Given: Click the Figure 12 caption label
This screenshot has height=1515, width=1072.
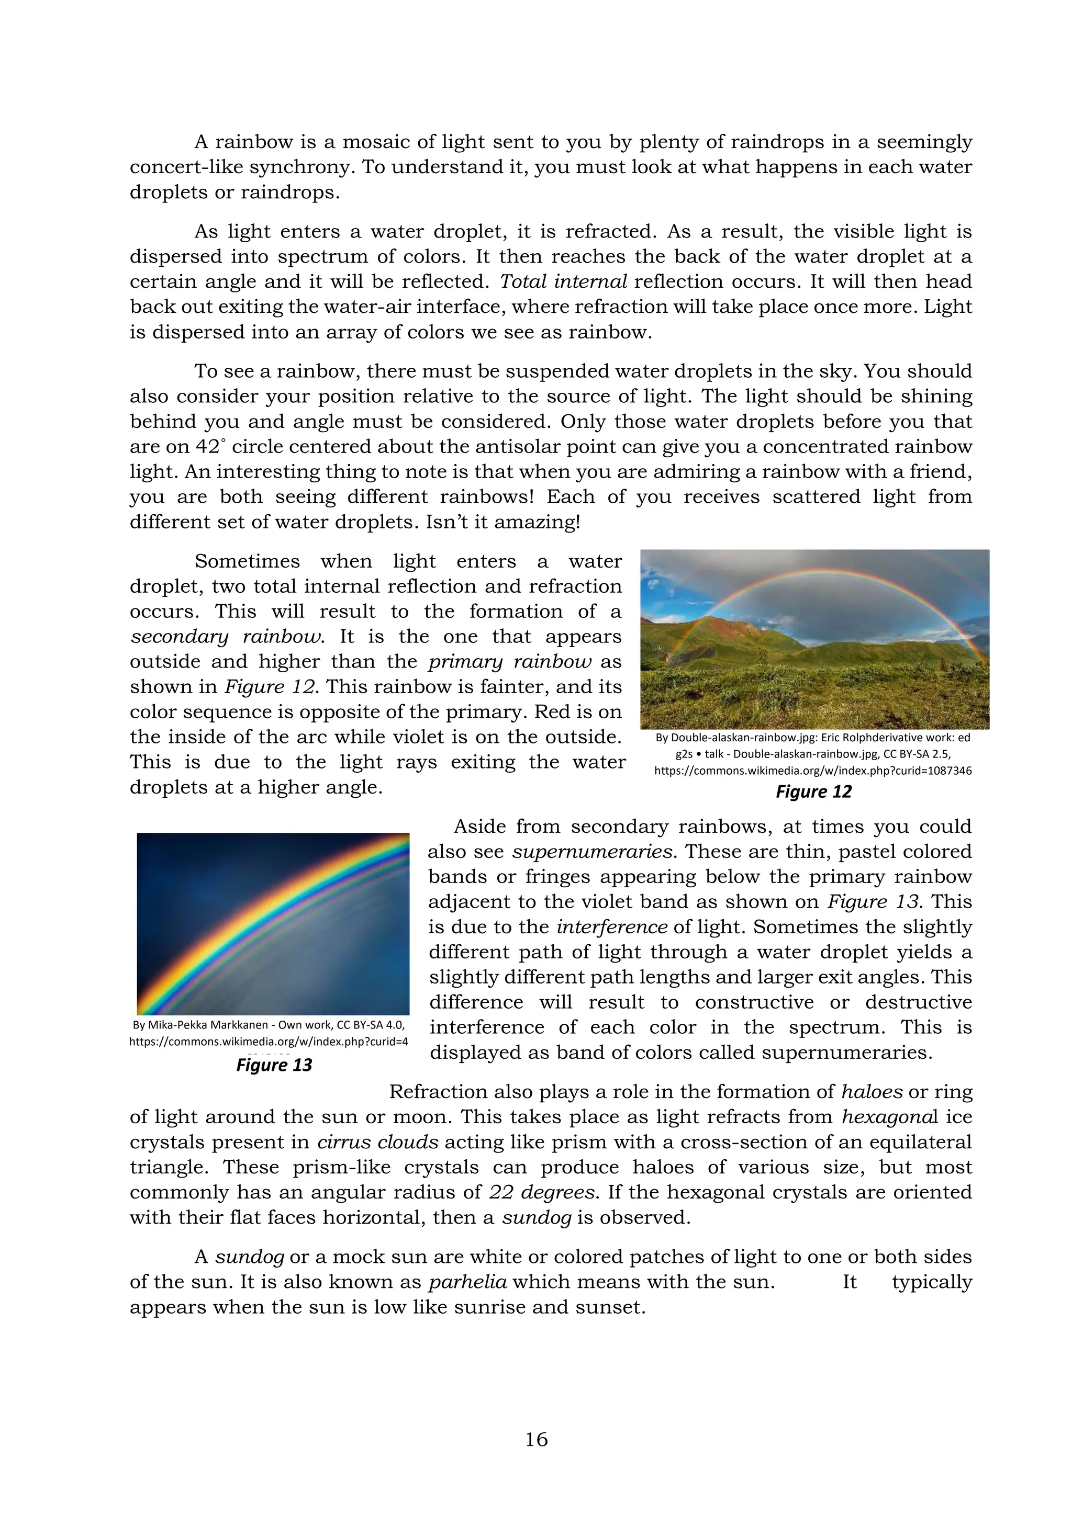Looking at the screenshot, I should click(x=813, y=791).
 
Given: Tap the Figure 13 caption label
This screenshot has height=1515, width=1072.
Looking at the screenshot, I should click(x=274, y=1065).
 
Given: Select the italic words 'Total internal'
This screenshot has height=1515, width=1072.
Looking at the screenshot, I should click(x=563, y=282).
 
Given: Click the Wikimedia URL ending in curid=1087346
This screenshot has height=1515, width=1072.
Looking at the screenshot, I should click(x=812, y=771).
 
